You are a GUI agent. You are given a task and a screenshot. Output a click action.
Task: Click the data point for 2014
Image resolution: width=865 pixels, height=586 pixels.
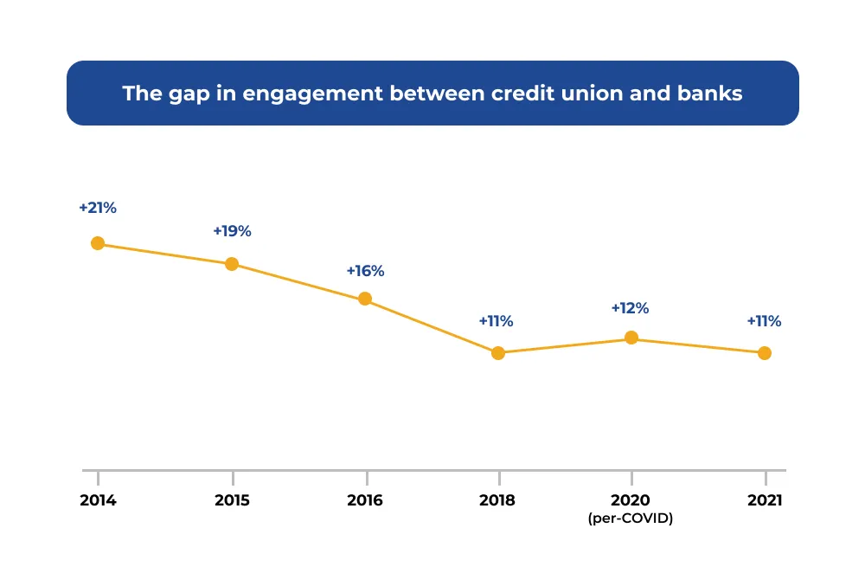[98, 243]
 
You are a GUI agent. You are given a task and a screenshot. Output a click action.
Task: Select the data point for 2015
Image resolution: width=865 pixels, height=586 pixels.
[232, 264]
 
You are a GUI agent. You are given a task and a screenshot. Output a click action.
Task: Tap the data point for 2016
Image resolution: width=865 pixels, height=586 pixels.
[365, 299]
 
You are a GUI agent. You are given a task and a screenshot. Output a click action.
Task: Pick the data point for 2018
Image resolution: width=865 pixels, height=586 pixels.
[498, 353]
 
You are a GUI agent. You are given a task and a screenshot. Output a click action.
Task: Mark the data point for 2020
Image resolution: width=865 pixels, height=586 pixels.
[631, 338]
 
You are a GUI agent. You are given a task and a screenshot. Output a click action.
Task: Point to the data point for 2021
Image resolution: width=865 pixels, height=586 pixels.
[765, 353]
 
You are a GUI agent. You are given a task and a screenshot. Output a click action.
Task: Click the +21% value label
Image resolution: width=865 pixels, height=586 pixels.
[98, 208]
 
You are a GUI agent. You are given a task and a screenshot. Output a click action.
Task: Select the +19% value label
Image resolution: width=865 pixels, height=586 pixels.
[232, 231]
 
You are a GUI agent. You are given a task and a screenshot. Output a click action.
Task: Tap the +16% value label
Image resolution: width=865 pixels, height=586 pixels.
[365, 271]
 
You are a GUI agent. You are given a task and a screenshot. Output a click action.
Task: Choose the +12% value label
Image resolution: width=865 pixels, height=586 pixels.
[630, 308]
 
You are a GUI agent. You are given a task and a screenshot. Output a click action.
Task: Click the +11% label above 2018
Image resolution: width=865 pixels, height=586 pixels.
[496, 321]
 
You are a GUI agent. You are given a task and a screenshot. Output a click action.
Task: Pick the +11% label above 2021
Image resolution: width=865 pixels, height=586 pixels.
[764, 321]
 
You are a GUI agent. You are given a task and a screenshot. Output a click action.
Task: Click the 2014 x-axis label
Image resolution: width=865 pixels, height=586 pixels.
[98, 500]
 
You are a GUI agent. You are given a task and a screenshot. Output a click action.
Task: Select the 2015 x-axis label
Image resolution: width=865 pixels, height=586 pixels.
[232, 500]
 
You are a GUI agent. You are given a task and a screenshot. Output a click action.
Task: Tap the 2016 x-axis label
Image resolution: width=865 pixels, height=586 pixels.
[365, 500]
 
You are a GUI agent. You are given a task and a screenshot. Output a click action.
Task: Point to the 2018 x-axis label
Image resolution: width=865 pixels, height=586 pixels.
[498, 500]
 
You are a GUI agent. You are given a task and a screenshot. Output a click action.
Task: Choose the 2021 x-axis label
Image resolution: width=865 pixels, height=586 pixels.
[765, 500]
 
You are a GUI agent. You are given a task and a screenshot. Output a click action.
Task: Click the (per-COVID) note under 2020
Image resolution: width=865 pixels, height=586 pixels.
[631, 518]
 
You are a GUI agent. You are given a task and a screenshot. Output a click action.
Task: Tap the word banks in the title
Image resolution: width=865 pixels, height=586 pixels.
[710, 93]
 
